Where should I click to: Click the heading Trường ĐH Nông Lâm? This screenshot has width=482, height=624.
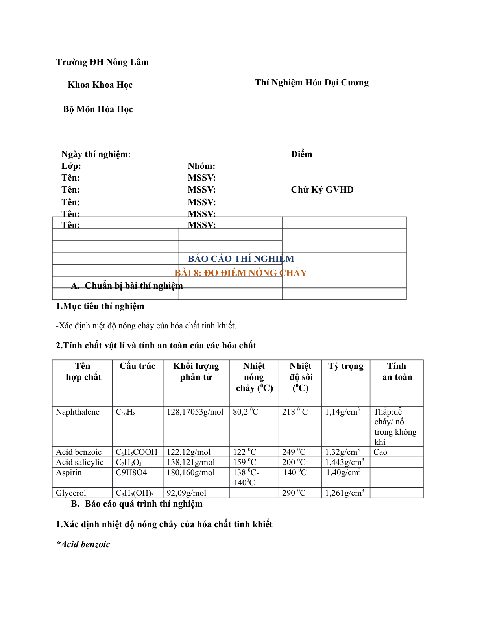(x=102, y=62)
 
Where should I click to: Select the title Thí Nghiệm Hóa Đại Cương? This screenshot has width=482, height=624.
(x=312, y=83)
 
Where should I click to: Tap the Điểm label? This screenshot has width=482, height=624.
(x=301, y=154)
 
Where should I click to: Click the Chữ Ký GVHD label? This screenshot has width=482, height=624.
(x=322, y=190)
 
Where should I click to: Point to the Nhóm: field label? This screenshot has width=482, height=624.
(x=201, y=166)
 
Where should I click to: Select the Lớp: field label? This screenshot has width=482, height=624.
(x=71, y=166)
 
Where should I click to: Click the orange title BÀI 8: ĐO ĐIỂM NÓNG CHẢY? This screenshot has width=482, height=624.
(x=240, y=273)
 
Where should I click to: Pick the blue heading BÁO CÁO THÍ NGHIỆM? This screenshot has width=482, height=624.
(x=241, y=259)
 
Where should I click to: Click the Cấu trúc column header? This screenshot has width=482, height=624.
(x=137, y=366)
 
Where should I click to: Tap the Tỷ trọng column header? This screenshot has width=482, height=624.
(x=345, y=366)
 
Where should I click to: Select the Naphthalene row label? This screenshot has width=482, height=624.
(x=78, y=412)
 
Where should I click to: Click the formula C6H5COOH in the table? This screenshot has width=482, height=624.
(x=137, y=452)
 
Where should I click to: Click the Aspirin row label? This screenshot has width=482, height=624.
(x=69, y=472)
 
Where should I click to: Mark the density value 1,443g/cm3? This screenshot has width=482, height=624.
(x=344, y=462)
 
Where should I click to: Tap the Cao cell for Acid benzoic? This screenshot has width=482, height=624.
(x=380, y=452)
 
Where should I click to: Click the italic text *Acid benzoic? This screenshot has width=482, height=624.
(x=83, y=544)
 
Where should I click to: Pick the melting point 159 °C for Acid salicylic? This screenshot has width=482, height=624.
(x=244, y=462)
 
